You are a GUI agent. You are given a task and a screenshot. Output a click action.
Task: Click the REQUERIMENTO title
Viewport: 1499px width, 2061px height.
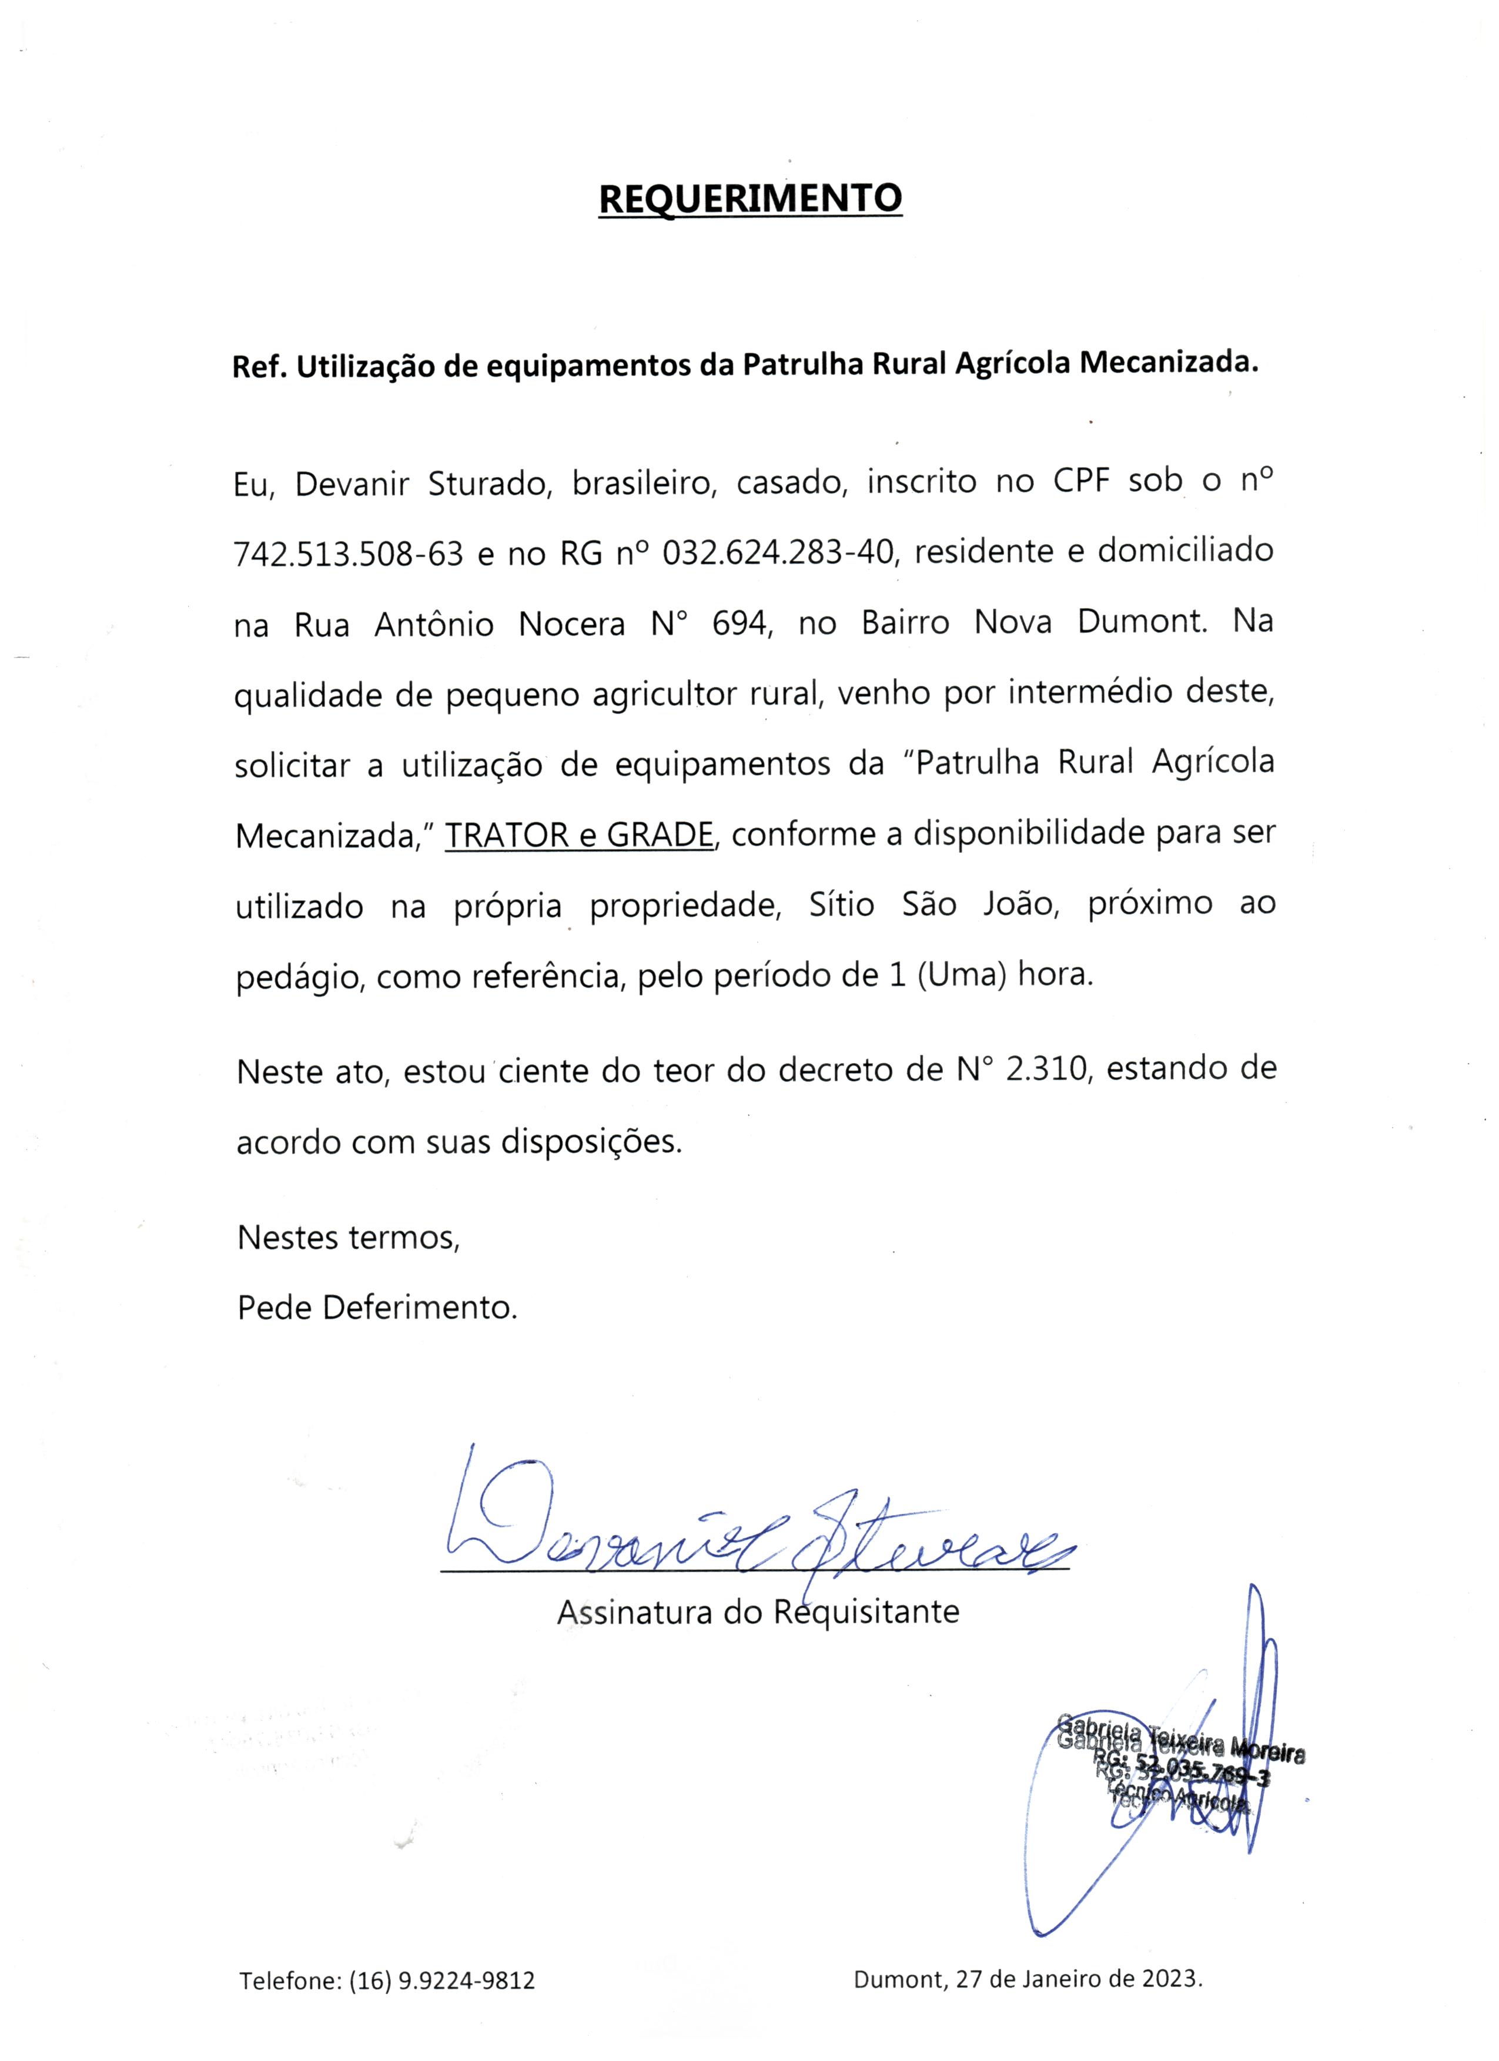[x=750, y=197]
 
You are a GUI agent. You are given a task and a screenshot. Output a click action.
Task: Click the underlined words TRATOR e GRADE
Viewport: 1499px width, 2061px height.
[x=579, y=835]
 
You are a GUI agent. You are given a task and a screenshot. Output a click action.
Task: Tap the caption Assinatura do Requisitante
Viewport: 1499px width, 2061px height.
[x=757, y=1612]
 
